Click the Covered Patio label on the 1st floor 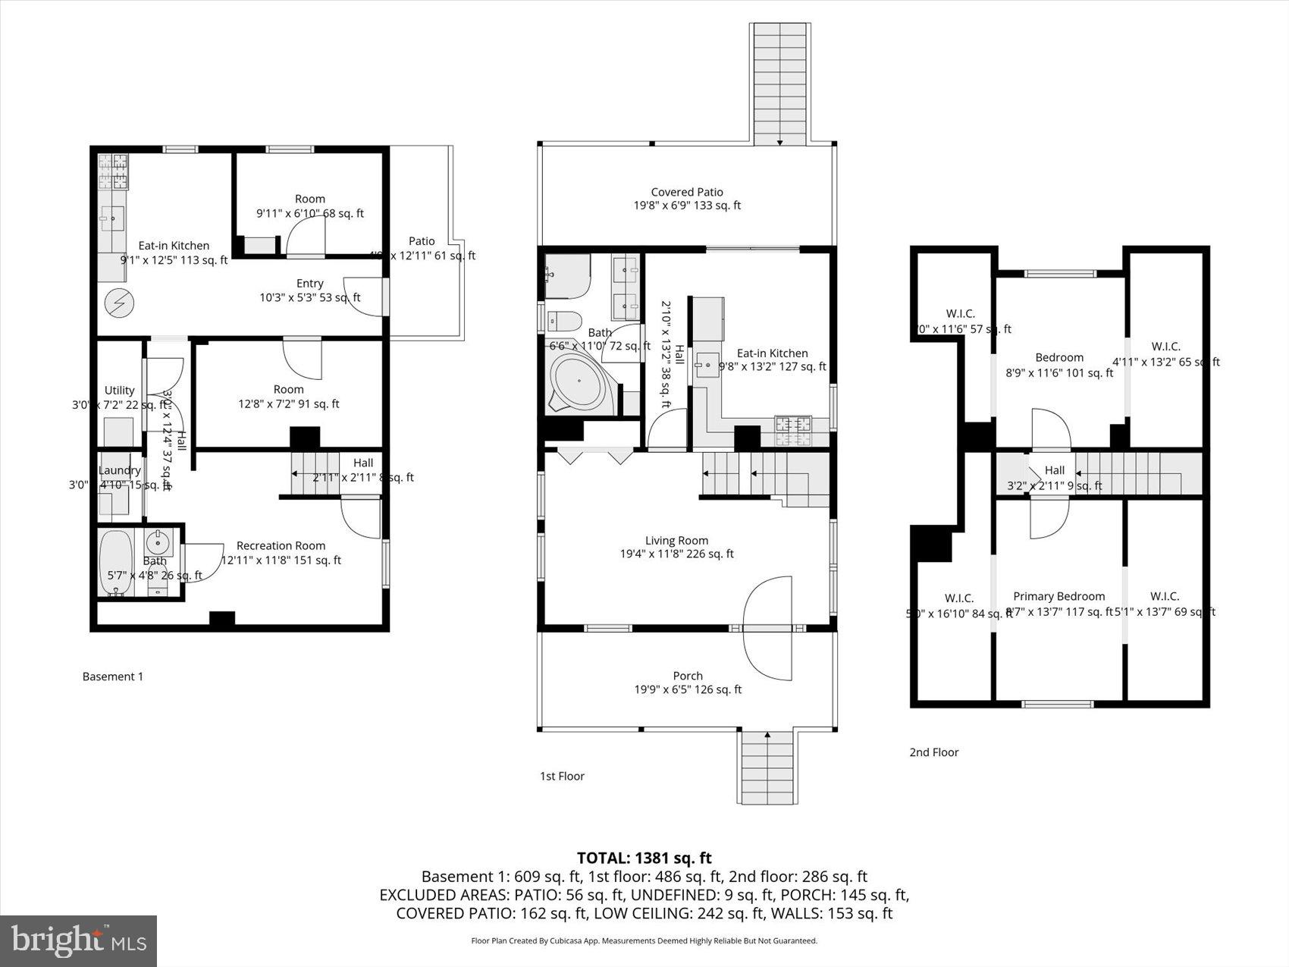click(687, 193)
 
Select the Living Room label click(676, 541)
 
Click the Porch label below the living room click(688, 676)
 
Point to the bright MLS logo click(79, 940)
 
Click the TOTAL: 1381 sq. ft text click(644, 858)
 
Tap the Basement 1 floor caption click(112, 677)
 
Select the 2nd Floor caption click(933, 752)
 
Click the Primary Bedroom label click(1058, 597)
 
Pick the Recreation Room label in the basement click(281, 546)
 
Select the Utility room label click(120, 391)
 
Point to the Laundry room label click(120, 471)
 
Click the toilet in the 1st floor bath click(563, 322)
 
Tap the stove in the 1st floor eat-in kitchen click(792, 431)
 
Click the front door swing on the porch click(767, 629)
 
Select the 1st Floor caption click(562, 776)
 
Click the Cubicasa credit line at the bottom click(644, 940)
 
